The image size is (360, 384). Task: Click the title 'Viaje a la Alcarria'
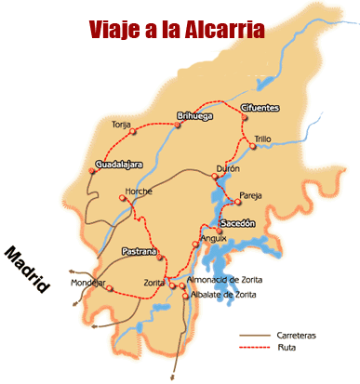tap(177, 29)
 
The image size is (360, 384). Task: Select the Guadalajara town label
tap(118, 164)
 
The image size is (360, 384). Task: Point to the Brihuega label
tap(195, 115)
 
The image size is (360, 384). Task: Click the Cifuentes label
tap(259, 108)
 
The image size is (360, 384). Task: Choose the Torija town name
tap(121, 124)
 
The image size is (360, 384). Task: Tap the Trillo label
tap(263, 139)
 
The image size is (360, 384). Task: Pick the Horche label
tap(139, 190)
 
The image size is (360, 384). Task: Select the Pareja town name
tap(251, 196)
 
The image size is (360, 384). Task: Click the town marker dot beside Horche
tap(122, 197)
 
